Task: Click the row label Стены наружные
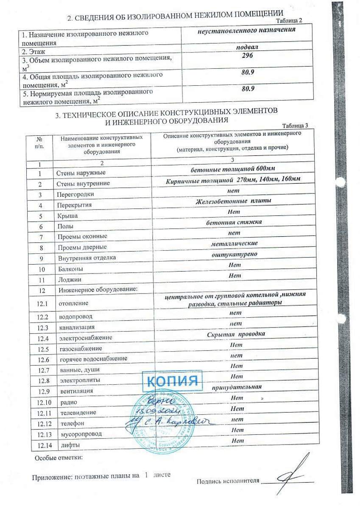click(81, 173)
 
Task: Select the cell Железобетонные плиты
click(233, 201)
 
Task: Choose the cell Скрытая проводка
click(236, 334)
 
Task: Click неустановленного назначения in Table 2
click(246, 30)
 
